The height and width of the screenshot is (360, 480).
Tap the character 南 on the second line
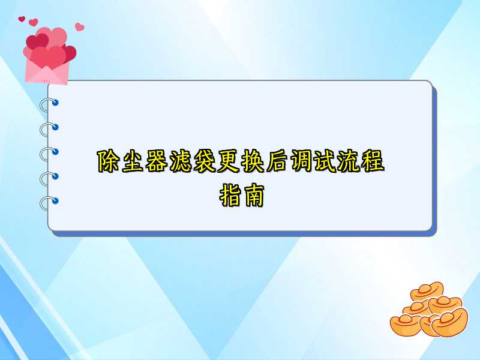point(253,196)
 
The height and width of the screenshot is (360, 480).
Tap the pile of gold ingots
point(428,311)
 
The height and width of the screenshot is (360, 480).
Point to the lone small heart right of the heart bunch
point(79,27)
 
